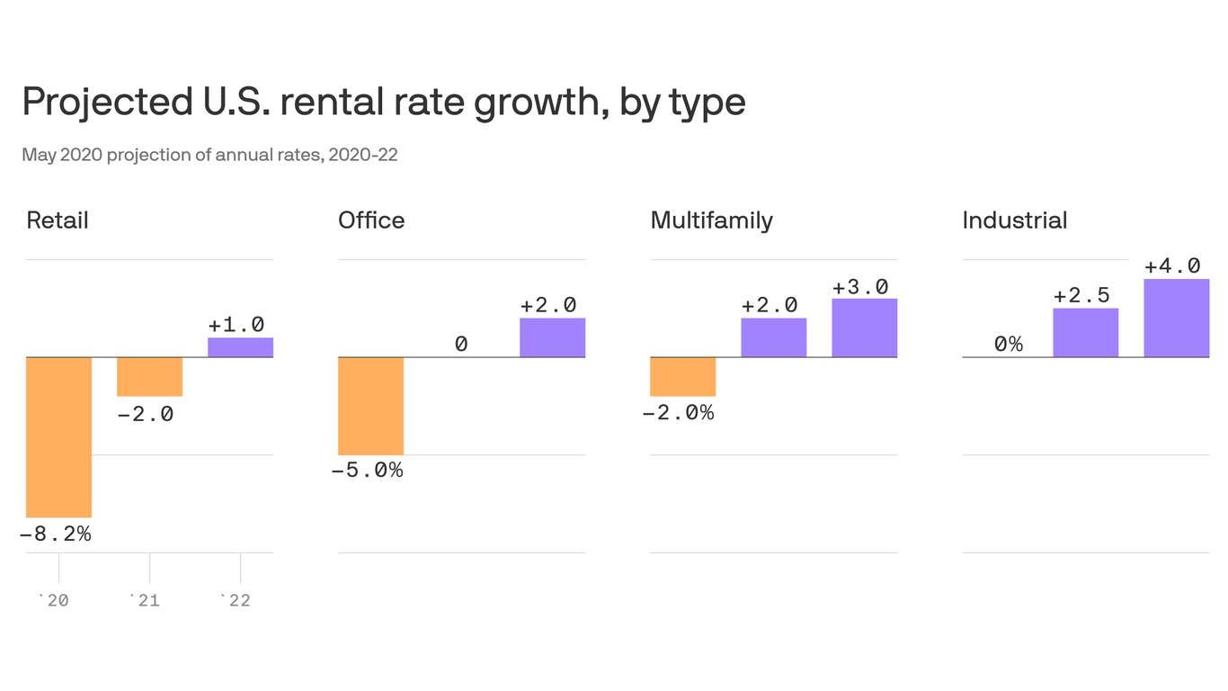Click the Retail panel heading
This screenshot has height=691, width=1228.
(58, 220)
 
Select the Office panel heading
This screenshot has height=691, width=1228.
(371, 220)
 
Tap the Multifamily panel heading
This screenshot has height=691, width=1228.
(711, 220)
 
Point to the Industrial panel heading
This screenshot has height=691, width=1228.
(1014, 220)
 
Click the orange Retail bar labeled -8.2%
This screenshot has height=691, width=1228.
(58, 437)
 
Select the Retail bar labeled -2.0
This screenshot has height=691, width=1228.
(149, 377)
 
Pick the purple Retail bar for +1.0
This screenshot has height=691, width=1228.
(240, 347)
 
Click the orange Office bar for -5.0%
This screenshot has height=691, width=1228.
(370, 406)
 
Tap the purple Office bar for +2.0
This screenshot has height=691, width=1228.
(552, 337)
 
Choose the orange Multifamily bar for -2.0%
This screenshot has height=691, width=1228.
(682, 377)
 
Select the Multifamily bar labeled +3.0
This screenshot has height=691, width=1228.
(864, 328)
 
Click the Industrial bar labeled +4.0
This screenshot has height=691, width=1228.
(1176, 318)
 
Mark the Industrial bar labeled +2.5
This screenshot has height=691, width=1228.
(1085, 333)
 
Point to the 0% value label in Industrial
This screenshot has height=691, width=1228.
(1008, 344)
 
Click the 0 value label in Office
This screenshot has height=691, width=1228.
(461, 344)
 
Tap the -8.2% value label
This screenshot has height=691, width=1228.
(56, 534)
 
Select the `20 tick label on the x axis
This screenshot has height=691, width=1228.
(54, 600)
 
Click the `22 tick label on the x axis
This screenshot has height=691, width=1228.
(236, 600)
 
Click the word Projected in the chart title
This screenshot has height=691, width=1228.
(102, 102)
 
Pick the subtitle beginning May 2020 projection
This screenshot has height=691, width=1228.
(209, 155)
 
